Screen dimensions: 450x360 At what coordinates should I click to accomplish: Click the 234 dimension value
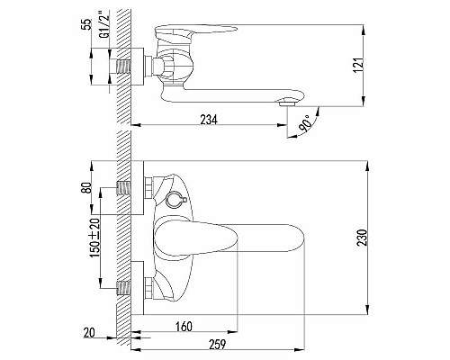click(209, 120)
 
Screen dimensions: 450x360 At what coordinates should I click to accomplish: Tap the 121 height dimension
click(358, 65)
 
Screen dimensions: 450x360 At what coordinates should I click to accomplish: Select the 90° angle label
click(304, 122)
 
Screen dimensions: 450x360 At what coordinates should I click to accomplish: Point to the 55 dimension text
click(86, 24)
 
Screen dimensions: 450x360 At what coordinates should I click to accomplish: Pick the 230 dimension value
click(362, 238)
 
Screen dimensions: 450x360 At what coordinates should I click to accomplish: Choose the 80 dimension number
click(87, 188)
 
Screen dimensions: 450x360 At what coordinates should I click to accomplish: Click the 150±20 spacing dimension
click(94, 238)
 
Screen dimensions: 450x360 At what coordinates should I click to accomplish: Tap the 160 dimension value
click(184, 327)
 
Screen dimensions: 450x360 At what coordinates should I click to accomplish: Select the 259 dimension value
click(217, 344)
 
